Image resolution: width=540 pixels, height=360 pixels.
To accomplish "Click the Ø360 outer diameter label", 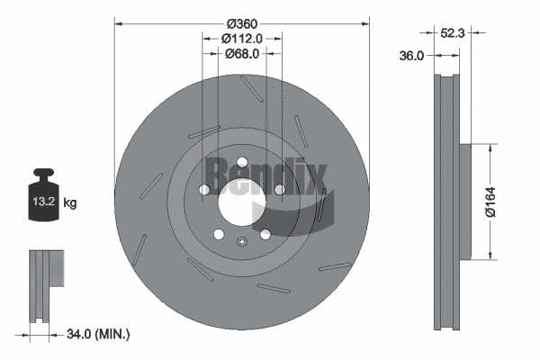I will click(241, 22).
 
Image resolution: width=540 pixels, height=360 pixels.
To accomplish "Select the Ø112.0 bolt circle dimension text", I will click(241, 38).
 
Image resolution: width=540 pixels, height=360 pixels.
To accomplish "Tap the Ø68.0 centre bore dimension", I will click(241, 54).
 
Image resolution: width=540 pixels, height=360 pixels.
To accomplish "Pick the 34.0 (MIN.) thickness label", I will click(99, 334).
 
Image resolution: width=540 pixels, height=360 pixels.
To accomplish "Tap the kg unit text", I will click(70, 203).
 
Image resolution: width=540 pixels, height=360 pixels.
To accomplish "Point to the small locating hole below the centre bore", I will click(241, 240).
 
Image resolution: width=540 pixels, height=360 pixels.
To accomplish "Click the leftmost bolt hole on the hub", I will click(204, 190).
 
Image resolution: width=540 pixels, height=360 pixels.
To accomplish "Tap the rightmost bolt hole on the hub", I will click(279, 190).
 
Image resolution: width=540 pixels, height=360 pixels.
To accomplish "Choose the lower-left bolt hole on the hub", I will click(218, 234).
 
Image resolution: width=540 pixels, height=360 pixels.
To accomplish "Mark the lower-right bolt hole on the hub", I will click(265, 234).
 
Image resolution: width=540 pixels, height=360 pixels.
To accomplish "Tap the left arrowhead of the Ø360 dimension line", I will click(118, 22).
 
